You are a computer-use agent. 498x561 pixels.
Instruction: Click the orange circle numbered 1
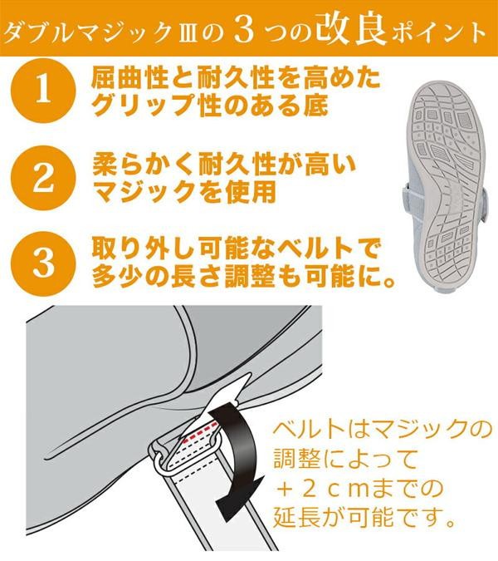(44, 91)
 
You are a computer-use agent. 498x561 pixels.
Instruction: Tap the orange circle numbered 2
(44, 178)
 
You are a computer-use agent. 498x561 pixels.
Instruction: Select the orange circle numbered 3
(44, 263)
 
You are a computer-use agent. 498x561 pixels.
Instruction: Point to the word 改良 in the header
(350, 29)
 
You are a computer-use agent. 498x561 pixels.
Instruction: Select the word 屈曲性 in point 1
(129, 77)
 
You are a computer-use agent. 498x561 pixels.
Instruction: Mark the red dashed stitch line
(200, 433)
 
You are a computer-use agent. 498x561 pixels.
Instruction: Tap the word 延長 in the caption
(296, 518)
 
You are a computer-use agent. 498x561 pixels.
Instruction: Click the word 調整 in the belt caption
(296, 459)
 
